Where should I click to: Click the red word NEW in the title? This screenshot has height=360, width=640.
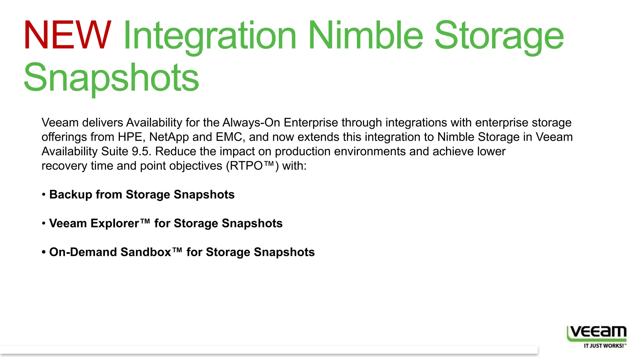(x=67, y=35)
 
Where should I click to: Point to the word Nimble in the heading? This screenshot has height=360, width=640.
(x=366, y=35)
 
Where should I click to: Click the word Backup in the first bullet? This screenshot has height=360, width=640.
(x=71, y=194)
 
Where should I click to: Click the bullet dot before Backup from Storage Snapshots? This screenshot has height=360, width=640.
(x=44, y=194)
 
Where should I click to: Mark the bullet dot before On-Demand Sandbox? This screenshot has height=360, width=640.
(x=44, y=252)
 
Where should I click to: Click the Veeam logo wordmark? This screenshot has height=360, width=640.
(x=597, y=332)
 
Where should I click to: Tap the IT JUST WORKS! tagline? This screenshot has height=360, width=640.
(x=603, y=346)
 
